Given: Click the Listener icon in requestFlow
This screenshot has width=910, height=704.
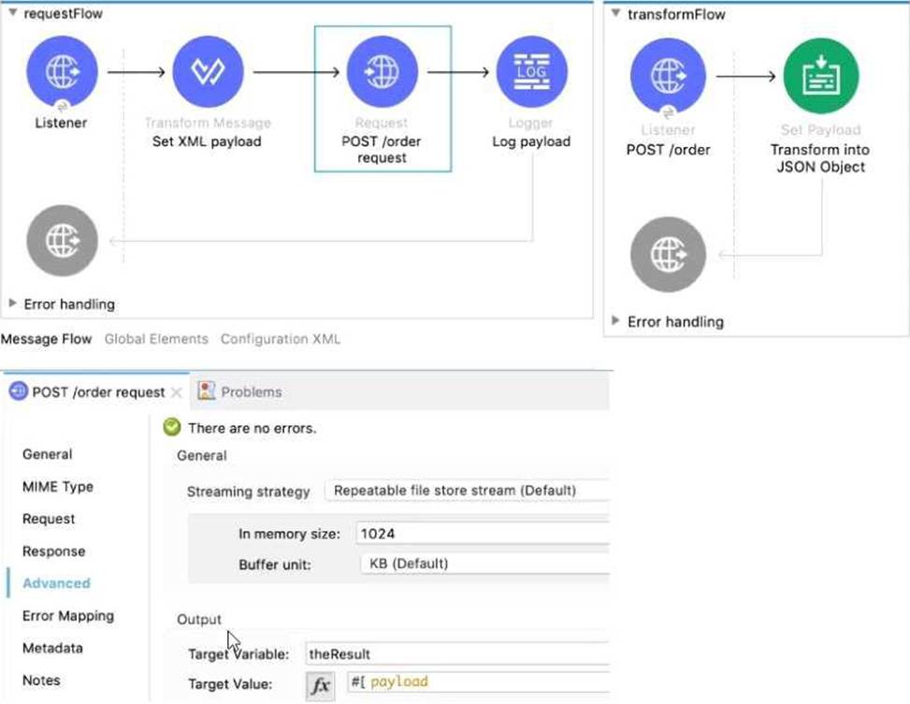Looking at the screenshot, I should [62, 72].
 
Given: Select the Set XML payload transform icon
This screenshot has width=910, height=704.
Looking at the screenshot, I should [208, 72].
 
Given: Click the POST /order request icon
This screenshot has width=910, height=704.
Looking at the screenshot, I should [382, 72].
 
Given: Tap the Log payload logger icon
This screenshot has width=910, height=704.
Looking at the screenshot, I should [531, 72].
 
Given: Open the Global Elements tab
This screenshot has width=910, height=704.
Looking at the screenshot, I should [156, 339].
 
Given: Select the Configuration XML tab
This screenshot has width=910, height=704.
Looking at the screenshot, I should [280, 339].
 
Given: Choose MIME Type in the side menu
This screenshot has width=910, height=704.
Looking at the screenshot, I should [58, 487].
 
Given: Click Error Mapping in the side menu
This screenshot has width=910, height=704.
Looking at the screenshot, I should [68, 616].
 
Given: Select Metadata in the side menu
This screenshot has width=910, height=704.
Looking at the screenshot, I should [52, 648].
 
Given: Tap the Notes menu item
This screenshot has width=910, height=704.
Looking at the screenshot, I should [41, 681].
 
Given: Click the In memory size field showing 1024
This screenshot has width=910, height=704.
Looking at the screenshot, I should [482, 534].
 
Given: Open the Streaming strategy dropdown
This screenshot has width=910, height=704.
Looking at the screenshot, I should [466, 491].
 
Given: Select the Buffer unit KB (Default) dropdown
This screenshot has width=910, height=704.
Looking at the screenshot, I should [483, 565].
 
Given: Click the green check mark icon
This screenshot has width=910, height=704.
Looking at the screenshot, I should [171, 428].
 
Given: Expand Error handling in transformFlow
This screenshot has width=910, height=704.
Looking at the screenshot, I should [615, 321].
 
